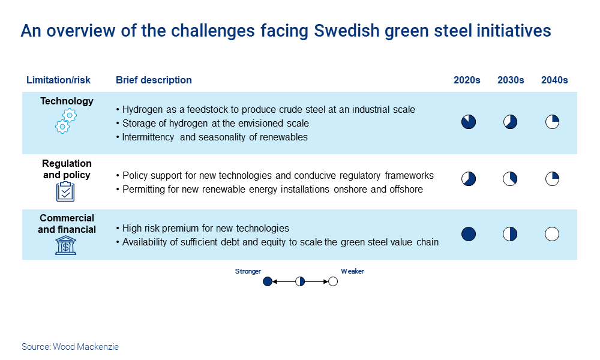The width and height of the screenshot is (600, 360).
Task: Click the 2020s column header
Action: [467, 80]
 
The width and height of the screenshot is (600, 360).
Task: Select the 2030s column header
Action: [511, 80]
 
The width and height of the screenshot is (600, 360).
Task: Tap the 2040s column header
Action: [554, 80]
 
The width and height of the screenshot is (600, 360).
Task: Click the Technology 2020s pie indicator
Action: [469, 122]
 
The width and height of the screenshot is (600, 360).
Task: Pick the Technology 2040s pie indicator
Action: [552, 122]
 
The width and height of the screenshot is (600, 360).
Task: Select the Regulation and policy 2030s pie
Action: [510, 179]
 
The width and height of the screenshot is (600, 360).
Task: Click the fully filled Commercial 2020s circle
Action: [469, 234]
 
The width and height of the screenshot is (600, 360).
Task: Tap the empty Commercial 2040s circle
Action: [552, 234]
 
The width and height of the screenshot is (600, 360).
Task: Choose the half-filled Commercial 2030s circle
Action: [510, 234]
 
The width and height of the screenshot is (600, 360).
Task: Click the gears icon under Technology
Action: [66, 121]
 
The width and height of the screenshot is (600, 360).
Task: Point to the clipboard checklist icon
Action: [65, 191]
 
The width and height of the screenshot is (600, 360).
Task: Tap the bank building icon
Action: [66, 245]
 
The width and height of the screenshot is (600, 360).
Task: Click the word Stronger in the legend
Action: [248, 271]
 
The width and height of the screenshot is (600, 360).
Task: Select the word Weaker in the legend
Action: [352, 271]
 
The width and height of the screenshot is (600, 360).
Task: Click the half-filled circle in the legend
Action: [300, 282]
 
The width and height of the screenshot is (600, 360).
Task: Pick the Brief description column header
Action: [154, 80]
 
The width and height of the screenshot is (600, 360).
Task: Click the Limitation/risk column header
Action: [58, 80]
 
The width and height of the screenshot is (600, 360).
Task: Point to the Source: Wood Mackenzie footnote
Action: [70, 347]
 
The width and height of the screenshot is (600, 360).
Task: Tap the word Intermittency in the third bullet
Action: [148, 137]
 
